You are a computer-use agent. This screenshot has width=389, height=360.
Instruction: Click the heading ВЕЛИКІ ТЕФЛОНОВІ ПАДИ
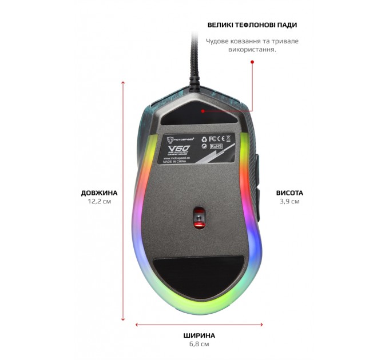tap(252, 25)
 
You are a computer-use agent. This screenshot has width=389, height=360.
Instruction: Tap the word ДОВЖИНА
tap(99, 193)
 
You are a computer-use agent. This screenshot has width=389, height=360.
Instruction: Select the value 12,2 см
tap(99, 202)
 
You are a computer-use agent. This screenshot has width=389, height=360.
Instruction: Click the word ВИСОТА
tap(289, 193)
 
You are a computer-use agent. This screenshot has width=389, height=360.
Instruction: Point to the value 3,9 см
tap(289, 202)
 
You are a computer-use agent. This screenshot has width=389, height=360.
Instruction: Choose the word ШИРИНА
tap(199, 335)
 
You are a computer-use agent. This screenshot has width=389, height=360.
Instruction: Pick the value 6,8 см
tap(199, 345)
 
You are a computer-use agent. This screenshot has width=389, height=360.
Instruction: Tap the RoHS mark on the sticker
tap(217, 146)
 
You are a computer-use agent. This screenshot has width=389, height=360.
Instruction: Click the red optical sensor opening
tap(199, 217)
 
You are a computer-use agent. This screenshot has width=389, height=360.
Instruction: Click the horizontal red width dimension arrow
tap(199, 325)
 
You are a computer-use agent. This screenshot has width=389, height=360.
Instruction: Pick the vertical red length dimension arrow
tap(123, 200)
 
